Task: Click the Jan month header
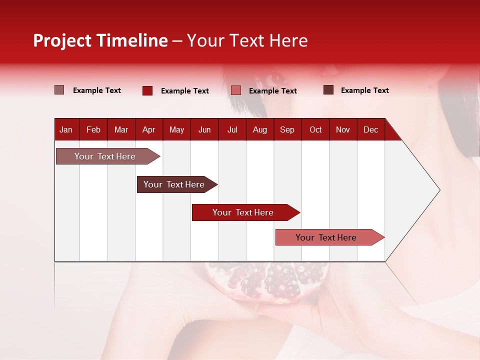tap(66, 130)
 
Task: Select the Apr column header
tap(148, 130)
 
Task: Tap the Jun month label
tap(204, 130)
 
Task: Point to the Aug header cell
tap(259, 130)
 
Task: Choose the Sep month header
tap(287, 130)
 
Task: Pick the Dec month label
tap(370, 130)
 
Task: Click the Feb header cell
tap(93, 130)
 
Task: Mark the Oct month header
tap(315, 130)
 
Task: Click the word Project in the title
tap(62, 40)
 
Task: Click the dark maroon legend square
tap(328, 90)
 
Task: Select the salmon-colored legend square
tap(236, 90)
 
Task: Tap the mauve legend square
tap(59, 90)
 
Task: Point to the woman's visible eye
tap(276, 79)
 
